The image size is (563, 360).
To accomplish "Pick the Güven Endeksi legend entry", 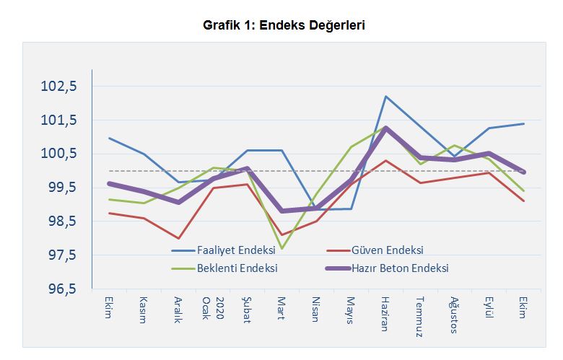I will click(386, 250).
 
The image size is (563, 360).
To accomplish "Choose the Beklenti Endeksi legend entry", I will click(238, 268).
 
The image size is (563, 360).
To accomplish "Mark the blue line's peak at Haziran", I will click(385, 96).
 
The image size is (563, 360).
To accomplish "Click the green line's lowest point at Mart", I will click(281, 248).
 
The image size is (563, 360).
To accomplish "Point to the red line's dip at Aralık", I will click(178, 238).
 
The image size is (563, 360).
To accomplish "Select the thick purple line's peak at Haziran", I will click(385, 128).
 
